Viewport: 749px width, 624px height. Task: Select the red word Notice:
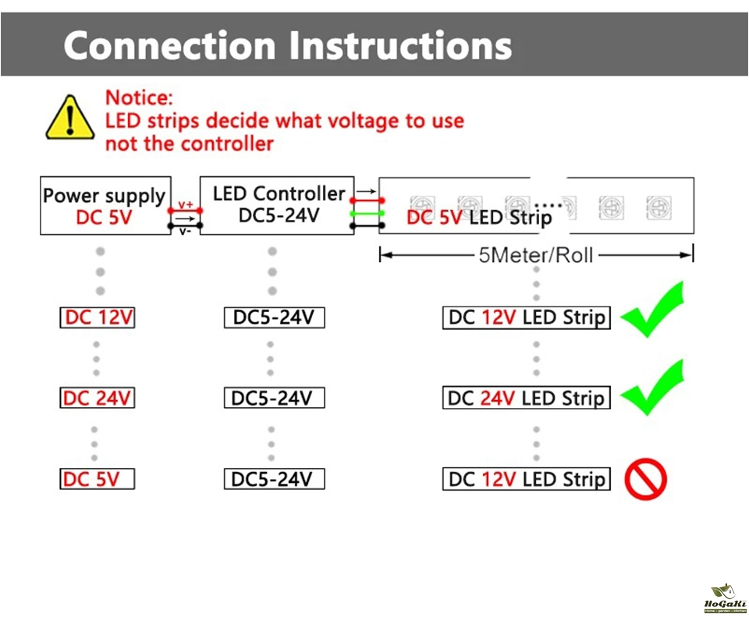[x=139, y=98]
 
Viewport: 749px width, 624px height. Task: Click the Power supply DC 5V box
[x=105, y=206]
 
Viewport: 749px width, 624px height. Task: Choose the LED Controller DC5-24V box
[x=277, y=204]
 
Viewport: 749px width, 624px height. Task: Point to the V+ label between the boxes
[x=186, y=204]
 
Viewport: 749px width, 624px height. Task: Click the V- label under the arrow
[x=186, y=231]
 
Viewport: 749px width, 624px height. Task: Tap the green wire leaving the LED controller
[x=367, y=213]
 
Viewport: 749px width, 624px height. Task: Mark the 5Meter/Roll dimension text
[x=536, y=255]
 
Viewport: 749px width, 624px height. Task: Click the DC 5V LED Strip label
[x=478, y=217]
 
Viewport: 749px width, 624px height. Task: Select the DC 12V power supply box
[x=98, y=317]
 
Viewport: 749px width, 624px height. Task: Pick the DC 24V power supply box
[x=98, y=398]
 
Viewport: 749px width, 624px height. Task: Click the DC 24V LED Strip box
[x=526, y=398]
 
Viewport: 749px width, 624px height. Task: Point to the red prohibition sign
[x=646, y=478]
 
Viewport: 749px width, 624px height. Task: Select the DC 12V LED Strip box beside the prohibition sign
[x=526, y=479]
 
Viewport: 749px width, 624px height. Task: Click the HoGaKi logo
[x=725, y=599]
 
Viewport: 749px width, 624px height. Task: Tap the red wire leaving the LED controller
[x=367, y=200]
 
